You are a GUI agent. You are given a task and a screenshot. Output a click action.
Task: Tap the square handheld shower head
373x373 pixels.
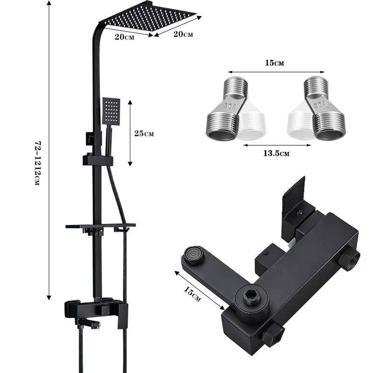point(111,111)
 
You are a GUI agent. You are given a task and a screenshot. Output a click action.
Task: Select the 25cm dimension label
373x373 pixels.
point(144,134)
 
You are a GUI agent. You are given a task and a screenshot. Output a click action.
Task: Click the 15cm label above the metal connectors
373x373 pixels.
point(275,62)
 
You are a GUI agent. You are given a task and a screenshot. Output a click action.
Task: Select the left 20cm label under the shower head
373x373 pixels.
point(124,37)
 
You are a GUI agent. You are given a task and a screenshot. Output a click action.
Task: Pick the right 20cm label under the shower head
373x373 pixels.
point(183,34)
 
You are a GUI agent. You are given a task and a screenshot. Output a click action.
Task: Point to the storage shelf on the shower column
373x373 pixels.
point(100,227)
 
